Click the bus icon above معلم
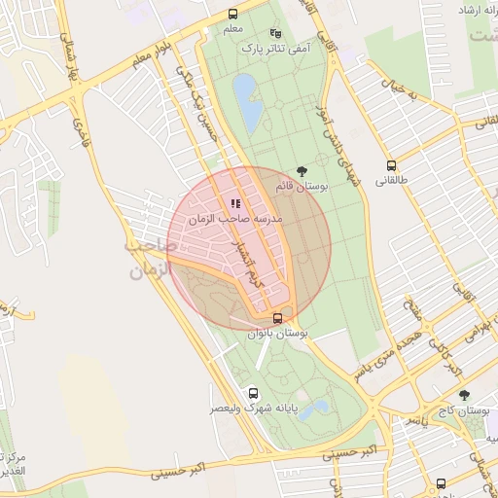[x=232, y=15]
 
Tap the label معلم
[x=232, y=30]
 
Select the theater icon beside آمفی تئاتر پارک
[x=275, y=32]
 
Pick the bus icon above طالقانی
[x=391, y=165]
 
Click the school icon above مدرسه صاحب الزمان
[x=235, y=203]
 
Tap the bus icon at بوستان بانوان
[x=278, y=318]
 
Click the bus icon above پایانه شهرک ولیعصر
[x=254, y=394]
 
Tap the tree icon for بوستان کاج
[x=464, y=395]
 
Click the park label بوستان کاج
[x=463, y=412]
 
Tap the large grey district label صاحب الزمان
[x=148, y=260]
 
